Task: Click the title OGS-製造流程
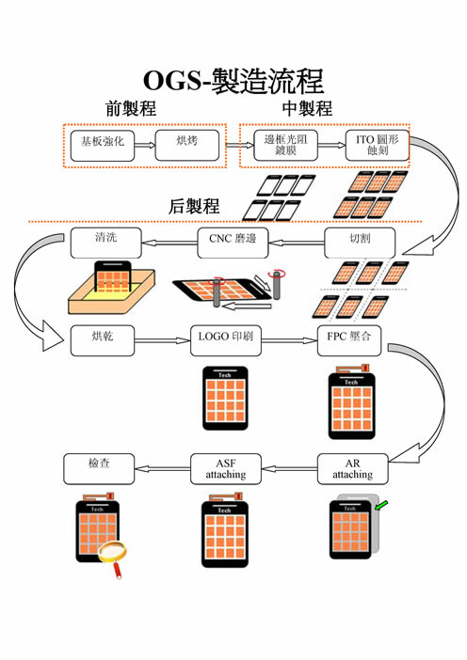pos(233,81)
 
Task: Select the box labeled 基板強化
pos(103,146)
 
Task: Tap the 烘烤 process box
pos(187,146)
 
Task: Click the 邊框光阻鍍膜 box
pos(286,146)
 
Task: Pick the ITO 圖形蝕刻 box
pos(378,146)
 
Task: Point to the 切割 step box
pos(360,243)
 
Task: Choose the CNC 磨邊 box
pos(233,243)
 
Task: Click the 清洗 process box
pos(105,243)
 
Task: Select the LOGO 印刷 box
pos(226,340)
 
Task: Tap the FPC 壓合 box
pos(349,340)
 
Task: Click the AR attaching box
pos(352,469)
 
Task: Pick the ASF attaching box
pos(226,469)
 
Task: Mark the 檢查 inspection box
pos(99,469)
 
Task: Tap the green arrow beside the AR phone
pos(380,506)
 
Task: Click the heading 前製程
pos(131,109)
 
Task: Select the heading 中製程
pos(307,109)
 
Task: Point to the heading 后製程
pos(194,206)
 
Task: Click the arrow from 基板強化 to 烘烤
pos(145,146)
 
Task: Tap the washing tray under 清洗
pos(112,291)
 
